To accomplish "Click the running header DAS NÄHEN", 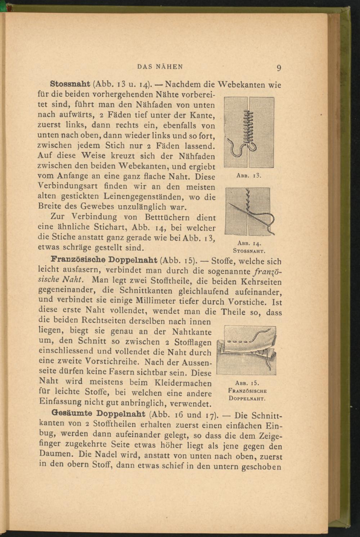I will pyautogui.click(x=161, y=67).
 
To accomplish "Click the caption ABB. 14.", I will pyautogui.click(x=249, y=244).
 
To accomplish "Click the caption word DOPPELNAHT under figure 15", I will pyautogui.click(x=247, y=399).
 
